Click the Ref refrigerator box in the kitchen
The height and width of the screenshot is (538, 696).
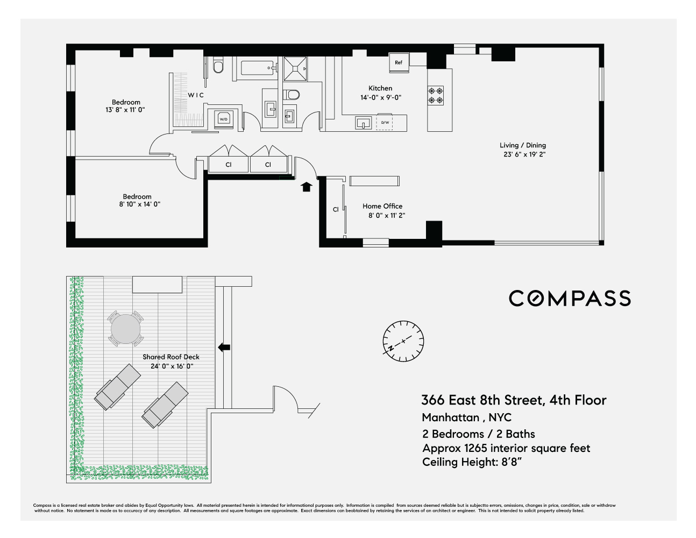click(x=399, y=62)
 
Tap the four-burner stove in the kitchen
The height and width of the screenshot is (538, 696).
click(x=436, y=95)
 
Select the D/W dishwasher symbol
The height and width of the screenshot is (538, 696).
click(x=385, y=122)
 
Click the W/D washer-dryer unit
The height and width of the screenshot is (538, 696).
click(x=223, y=118)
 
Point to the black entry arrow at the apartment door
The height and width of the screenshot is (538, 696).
click(x=307, y=187)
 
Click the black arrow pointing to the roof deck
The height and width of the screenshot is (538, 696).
click(x=224, y=348)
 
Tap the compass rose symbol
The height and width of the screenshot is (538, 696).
click(x=403, y=342)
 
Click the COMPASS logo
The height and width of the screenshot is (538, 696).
click(x=570, y=299)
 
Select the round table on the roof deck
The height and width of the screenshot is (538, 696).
click(x=126, y=328)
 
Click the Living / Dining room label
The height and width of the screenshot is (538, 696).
click(x=522, y=145)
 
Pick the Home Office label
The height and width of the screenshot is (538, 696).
click(x=382, y=206)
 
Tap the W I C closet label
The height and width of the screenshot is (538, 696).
click(x=196, y=95)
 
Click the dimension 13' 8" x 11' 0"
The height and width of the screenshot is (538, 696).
click(x=125, y=110)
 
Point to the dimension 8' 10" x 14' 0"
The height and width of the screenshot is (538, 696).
click(x=140, y=204)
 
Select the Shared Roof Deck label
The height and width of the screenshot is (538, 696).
click(x=171, y=357)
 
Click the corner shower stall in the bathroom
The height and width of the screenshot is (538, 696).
click(x=297, y=68)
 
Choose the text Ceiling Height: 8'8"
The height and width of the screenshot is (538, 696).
click(x=472, y=462)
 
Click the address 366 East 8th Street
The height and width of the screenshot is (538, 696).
click(x=482, y=400)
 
